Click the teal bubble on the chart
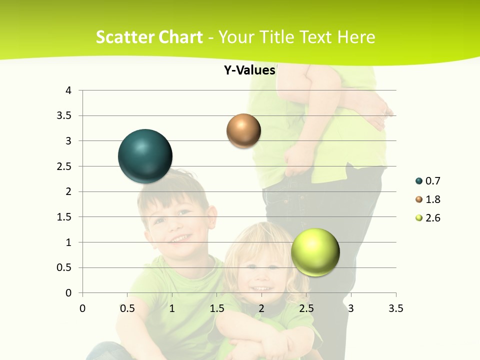coord(145,156)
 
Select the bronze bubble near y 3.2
coord(243,130)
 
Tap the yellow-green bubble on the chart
coord(315,251)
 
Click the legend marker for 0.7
coord(419,181)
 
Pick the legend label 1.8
coord(432,199)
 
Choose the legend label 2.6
coord(432,218)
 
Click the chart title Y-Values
coord(249,70)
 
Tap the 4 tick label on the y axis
coord(68,90)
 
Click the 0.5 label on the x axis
coord(127,308)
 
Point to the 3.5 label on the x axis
coord(395,308)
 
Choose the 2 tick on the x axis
coord(261,308)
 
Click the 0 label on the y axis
coord(68,293)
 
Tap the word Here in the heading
coord(356,37)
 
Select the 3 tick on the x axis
coord(351,308)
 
